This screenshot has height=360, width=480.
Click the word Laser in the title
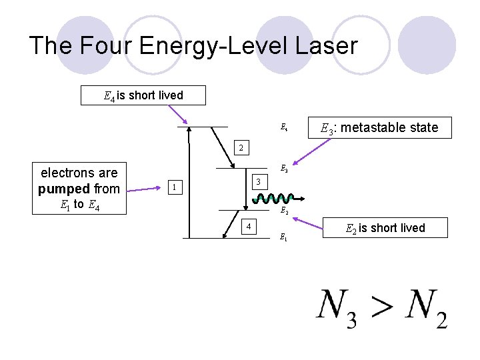[325, 45]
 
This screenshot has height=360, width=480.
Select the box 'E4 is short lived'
[143, 95]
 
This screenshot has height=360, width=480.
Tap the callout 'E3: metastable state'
[379, 127]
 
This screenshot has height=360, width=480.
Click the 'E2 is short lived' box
[385, 228]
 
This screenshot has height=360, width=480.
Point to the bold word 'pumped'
[63, 189]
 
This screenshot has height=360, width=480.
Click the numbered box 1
[174, 187]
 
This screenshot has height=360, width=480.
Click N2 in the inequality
[426, 307]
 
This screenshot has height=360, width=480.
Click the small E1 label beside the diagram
[283, 237]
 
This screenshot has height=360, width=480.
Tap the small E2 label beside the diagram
[283, 211]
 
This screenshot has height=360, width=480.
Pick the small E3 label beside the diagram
[283, 169]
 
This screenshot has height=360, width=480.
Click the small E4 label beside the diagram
[283, 127]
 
